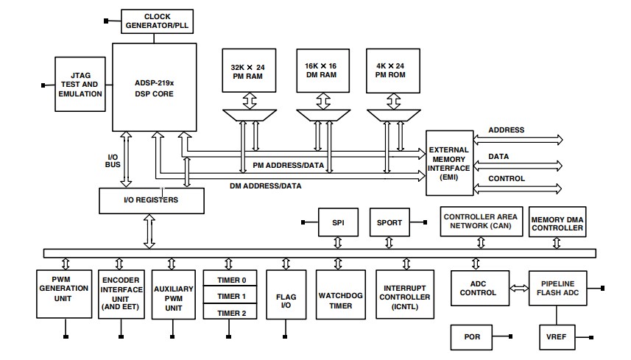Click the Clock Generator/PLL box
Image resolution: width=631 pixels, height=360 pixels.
pyautogui.click(x=156, y=21)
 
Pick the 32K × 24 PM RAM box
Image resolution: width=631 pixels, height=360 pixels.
pyautogui.click(x=247, y=69)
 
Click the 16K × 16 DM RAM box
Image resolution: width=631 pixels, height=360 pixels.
pyautogui.click(x=322, y=69)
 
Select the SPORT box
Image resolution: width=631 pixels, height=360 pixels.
pyautogui.click(x=390, y=222)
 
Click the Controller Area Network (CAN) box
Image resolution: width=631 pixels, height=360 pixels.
pyautogui.click(x=479, y=222)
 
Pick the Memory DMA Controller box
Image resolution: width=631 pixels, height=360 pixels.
pyautogui.click(x=557, y=222)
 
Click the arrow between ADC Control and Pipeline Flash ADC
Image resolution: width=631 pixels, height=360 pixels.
pyautogui.click(x=518, y=288)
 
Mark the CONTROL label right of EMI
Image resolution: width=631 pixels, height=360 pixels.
pyautogui.click(x=507, y=179)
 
